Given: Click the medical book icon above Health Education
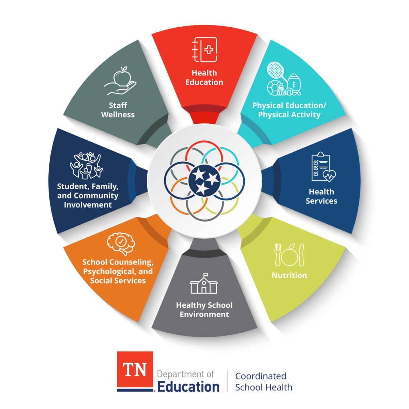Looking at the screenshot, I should [x=204, y=50].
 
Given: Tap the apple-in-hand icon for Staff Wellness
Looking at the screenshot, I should [x=120, y=81].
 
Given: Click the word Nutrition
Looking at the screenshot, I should [x=289, y=275].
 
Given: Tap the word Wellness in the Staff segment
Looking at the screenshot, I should [x=118, y=115].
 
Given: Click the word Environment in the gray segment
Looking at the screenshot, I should [x=204, y=314].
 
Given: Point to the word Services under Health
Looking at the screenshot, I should [x=321, y=201].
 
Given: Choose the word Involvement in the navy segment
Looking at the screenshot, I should [x=88, y=205].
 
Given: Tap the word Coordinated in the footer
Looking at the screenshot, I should [x=261, y=376].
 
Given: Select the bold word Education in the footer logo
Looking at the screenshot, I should [x=188, y=387].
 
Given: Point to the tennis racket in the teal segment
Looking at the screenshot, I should [x=275, y=71].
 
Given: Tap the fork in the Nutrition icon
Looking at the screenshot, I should [x=277, y=255].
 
